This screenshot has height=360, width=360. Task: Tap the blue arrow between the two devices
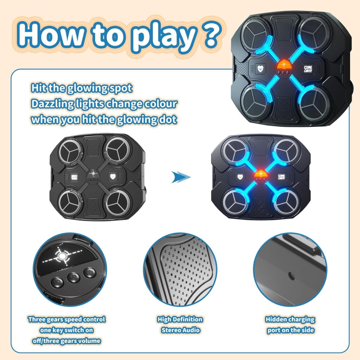pos(181,177)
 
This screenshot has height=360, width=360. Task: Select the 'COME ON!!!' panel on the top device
pos(308,69)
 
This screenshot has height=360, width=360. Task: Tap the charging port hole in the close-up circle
pos(290,274)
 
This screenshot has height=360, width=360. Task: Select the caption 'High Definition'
pos(180,319)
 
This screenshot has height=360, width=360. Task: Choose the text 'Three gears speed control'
pos(67,319)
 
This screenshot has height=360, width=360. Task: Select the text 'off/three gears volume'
pos(67,341)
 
